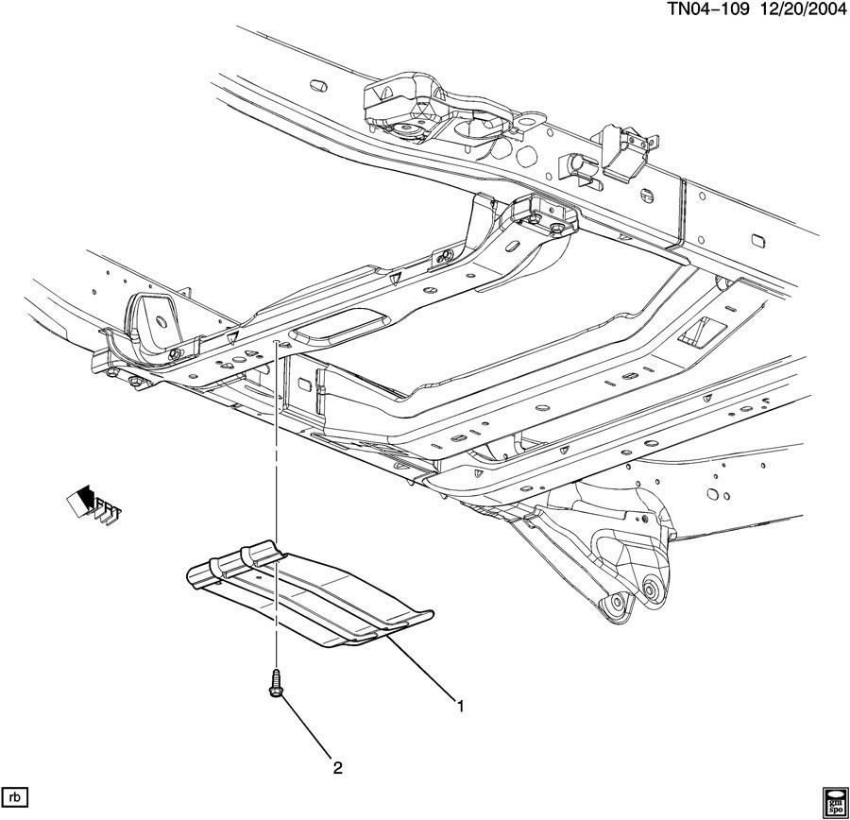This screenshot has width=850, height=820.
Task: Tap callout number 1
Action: pos(461,706)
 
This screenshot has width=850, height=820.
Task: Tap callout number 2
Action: pos(336,767)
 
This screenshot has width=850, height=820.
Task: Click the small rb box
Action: pos(16,794)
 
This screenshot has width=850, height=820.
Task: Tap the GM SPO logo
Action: pos(833,798)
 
